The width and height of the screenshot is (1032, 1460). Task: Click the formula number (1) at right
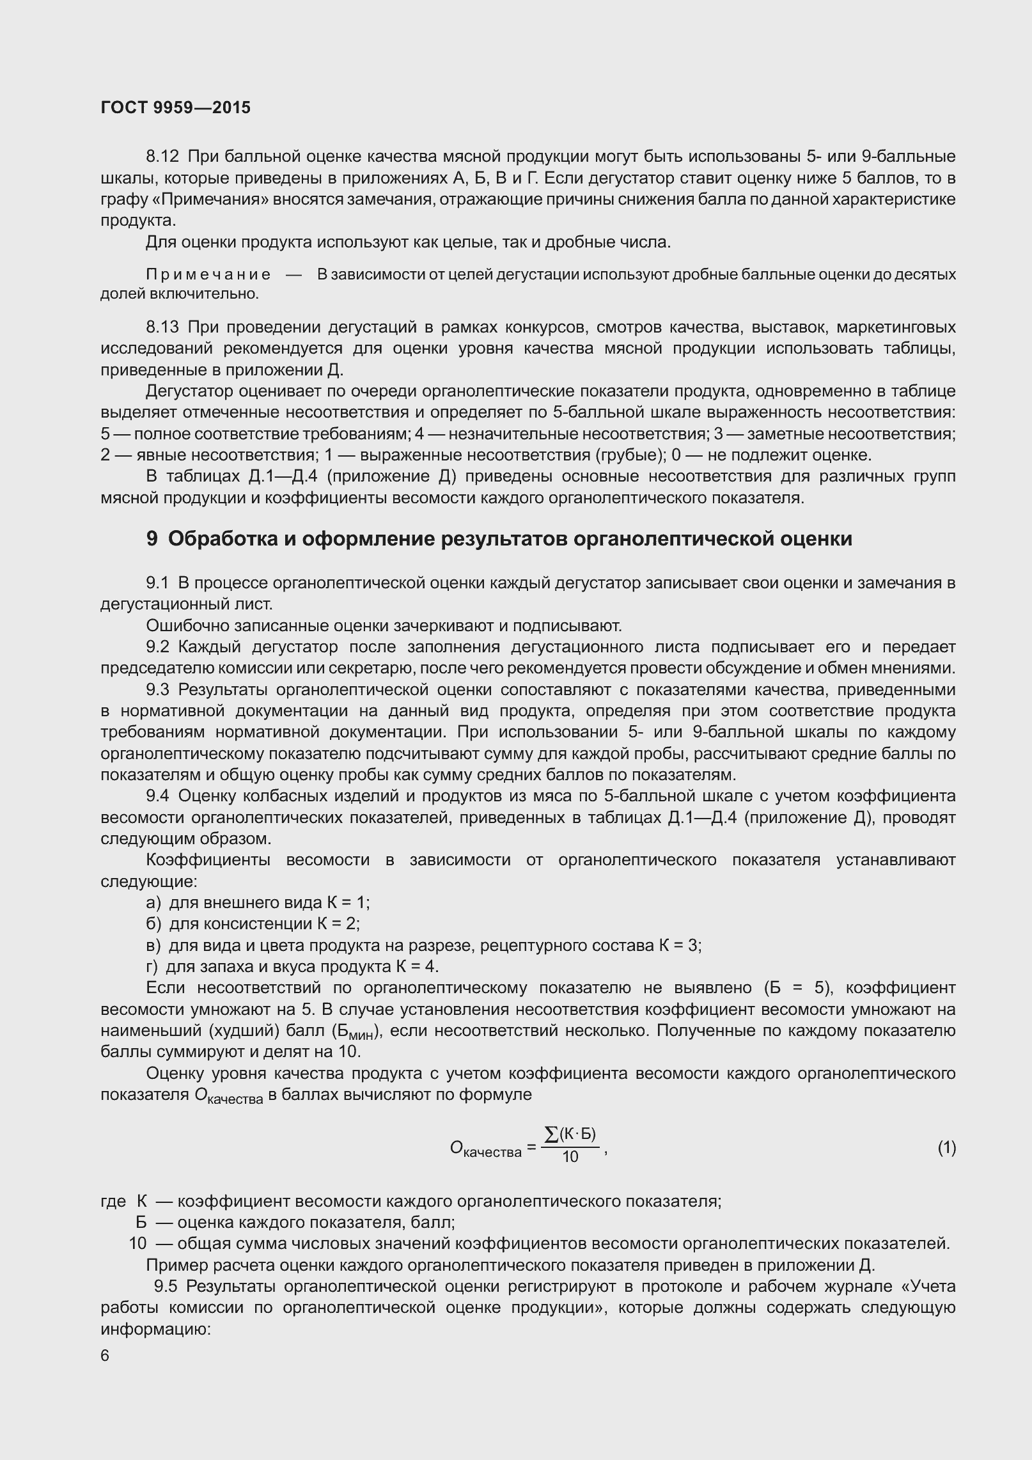point(946,1148)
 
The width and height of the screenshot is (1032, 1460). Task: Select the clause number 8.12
point(163,157)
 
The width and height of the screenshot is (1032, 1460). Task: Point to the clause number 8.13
point(163,327)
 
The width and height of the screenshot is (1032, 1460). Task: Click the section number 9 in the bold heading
point(152,539)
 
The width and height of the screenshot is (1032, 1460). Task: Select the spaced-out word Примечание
point(208,275)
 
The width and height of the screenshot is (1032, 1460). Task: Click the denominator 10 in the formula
point(570,1157)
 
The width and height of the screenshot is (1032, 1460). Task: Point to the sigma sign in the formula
point(551,1134)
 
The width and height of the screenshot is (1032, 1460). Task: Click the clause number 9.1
point(157,583)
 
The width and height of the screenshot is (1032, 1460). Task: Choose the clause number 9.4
point(157,796)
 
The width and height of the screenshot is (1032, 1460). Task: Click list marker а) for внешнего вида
point(154,902)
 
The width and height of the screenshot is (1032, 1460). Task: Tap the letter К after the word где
point(142,1201)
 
